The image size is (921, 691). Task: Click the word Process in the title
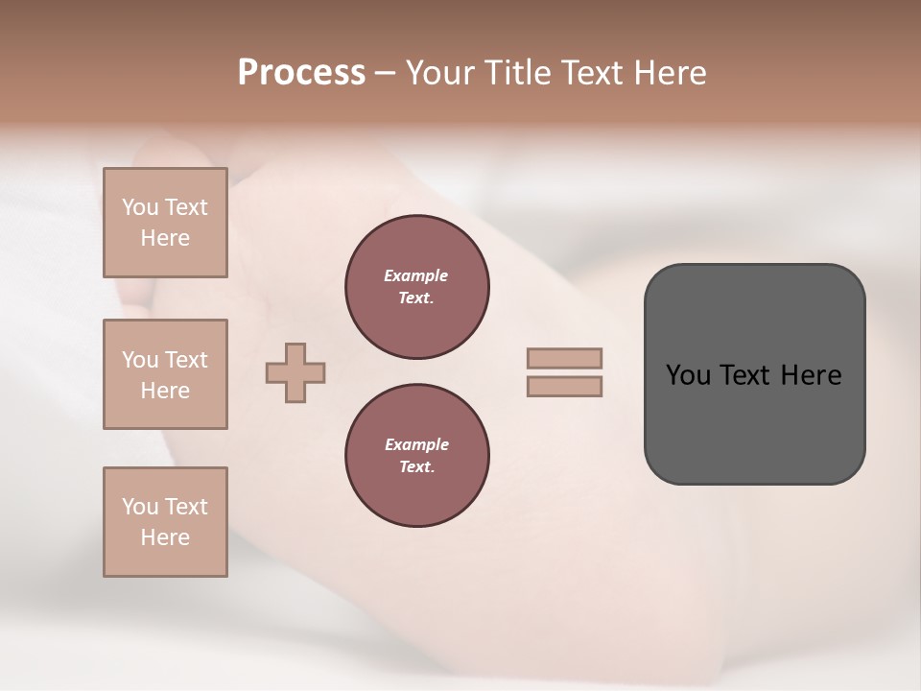click(301, 73)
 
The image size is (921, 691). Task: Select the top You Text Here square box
click(165, 223)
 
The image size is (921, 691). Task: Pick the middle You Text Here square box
click(165, 374)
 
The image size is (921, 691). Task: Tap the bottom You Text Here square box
click(165, 522)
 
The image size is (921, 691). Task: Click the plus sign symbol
click(295, 372)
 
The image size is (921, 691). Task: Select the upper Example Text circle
click(417, 287)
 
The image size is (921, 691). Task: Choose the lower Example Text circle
click(417, 456)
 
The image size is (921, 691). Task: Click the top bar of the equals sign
click(564, 359)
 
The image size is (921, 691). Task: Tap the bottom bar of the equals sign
click(564, 387)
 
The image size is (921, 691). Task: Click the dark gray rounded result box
click(754, 422)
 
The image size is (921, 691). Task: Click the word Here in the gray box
click(811, 375)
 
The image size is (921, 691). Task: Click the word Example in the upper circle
click(416, 275)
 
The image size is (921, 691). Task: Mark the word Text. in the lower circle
click(416, 467)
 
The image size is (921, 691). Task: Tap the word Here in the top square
click(165, 238)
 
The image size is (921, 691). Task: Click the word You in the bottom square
click(140, 507)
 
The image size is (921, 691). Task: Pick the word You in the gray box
click(688, 375)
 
